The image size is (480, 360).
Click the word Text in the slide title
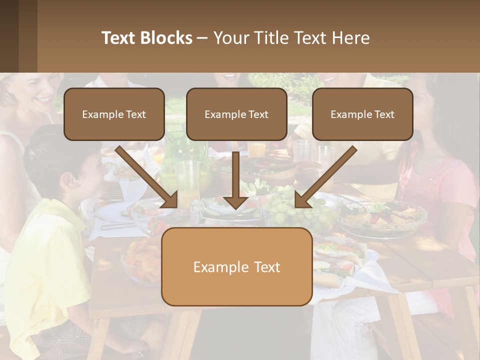pyautogui.click(x=118, y=38)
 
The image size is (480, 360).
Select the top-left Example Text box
pyautogui.click(x=114, y=114)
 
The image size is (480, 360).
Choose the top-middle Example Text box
pyautogui.click(x=236, y=114)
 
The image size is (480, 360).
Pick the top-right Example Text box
pyautogui.click(x=362, y=114)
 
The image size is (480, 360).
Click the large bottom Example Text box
pyautogui.click(x=236, y=266)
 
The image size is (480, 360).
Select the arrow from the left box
pyautogui.click(x=147, y=177)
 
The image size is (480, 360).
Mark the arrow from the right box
pyautogui.click(x=325, y=177)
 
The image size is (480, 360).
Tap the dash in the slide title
pyautogui.click(x=202, y=38)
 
